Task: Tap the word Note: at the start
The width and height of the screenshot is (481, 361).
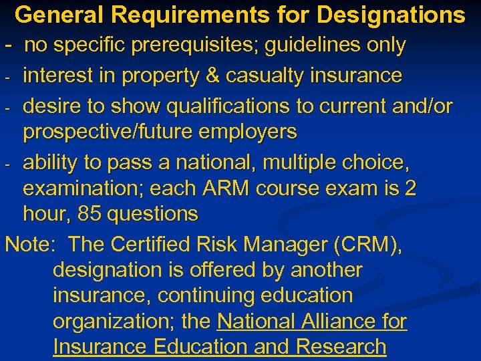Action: click(30, 244)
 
